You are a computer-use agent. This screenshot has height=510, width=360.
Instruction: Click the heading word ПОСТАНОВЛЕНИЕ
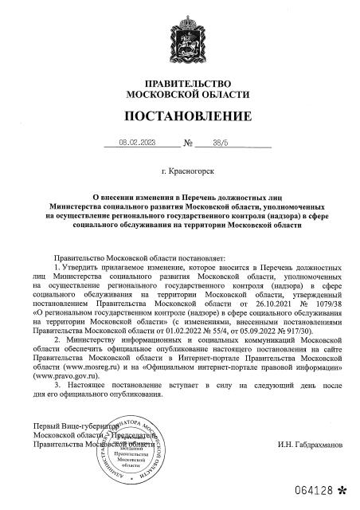[179, 116]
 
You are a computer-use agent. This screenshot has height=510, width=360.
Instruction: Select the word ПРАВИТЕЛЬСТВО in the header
[179, 84]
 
